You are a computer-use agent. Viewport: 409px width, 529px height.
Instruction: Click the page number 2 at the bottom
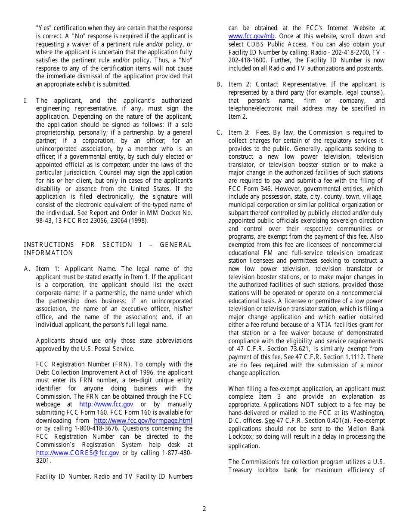[204, 509]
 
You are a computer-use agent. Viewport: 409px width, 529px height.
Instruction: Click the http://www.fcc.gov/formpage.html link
[143, 421]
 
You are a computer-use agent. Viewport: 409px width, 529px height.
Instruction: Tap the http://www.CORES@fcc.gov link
[77, 453]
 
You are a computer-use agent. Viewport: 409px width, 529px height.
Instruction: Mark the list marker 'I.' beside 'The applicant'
[26, 101]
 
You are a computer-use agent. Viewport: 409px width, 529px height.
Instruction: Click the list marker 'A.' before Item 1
[27, 269]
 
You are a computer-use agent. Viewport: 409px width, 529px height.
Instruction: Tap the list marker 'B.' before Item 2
[219, 84]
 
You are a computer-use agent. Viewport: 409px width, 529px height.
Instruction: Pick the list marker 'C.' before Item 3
[219, 132]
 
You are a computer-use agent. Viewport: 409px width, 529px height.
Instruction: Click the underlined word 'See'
[270, 421]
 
